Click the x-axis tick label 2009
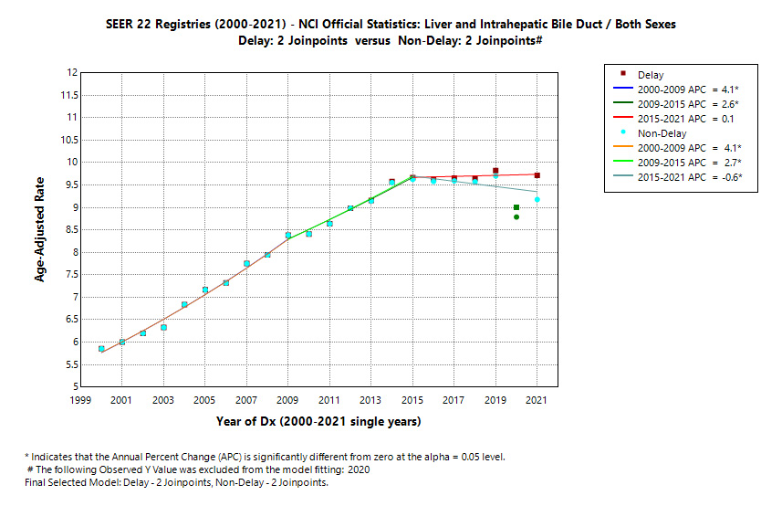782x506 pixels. point(288,400)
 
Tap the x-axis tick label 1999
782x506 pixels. point(80,400)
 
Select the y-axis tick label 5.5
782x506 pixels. point(68,364)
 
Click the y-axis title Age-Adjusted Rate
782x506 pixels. point(40,229)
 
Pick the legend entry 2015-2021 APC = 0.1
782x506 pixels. point(690,118)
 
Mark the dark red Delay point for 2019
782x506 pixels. point(495,171)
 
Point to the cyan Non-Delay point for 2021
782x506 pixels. point(537,199)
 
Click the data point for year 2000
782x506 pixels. point(101,349)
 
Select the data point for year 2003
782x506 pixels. point(163,327)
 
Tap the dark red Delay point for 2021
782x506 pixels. point(537,175)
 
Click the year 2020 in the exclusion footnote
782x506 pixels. point(358,469)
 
